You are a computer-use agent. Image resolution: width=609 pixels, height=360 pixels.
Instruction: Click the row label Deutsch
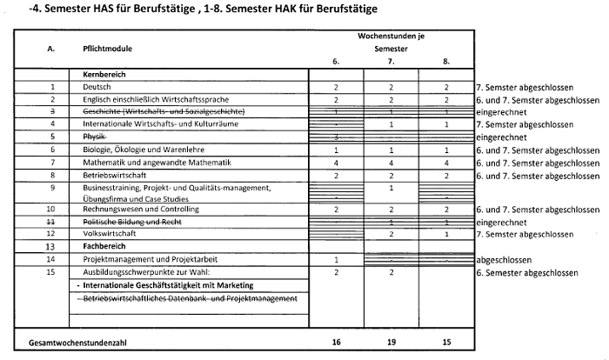pos(97,87)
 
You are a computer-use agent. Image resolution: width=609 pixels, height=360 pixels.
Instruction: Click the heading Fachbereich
pos(105,246)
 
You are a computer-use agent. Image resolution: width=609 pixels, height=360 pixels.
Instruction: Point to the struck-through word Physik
pos(94,137)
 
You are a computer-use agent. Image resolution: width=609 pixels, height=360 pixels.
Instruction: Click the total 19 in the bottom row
pos(391,342)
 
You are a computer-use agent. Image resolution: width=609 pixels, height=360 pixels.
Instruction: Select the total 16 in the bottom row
pos(336,342)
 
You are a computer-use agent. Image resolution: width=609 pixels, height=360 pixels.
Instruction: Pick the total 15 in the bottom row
pos(446,342)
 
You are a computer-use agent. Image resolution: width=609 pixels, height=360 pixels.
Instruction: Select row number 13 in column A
pos(52,247)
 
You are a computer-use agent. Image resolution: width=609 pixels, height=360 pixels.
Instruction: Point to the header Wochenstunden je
pos(391,37)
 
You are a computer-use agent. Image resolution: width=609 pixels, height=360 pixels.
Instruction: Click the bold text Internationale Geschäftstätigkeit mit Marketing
pos(166,285)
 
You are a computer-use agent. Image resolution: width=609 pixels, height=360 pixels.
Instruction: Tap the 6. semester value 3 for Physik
pos(336,137)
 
